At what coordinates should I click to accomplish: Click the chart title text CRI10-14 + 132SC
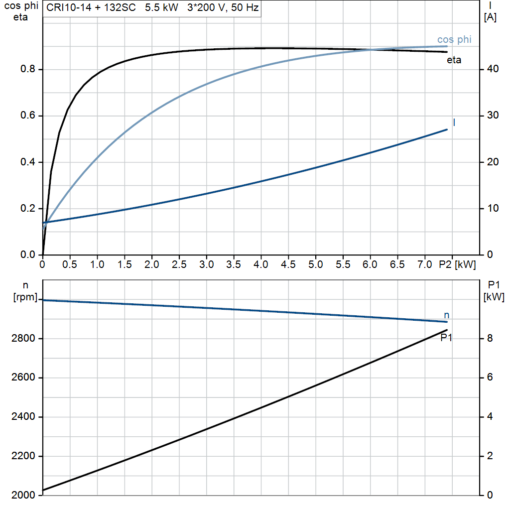click(91, 7)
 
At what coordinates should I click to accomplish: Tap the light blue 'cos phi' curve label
click(454, 40)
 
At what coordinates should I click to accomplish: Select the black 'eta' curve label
click(454, 60)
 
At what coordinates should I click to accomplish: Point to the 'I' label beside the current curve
click(454, 123)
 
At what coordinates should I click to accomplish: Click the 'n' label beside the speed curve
click(447, 315)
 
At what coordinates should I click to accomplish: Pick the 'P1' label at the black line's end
click(446, 338)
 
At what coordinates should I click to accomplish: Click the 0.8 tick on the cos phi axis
click(28, 69)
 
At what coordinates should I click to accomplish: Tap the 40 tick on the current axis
click(493, 69)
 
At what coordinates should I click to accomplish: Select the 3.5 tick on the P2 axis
click(233, 264)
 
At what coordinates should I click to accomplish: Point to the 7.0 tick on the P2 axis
click(424, 264)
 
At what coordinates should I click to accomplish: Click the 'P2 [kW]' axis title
click(457, 265)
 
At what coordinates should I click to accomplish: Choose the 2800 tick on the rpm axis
click(23, 338)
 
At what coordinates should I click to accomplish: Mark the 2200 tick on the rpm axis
click(23, 456)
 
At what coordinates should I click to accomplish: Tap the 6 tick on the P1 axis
click(490, 378)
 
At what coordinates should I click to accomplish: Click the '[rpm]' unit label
click(25, 297)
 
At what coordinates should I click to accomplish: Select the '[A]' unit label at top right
click(490, 17)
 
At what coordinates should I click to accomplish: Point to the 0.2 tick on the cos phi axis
click(28, 208)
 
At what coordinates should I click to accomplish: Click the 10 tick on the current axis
click(493, 208)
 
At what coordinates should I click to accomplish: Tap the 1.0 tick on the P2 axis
click(97, 264)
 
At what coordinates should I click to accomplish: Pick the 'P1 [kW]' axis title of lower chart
click(494, 291)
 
